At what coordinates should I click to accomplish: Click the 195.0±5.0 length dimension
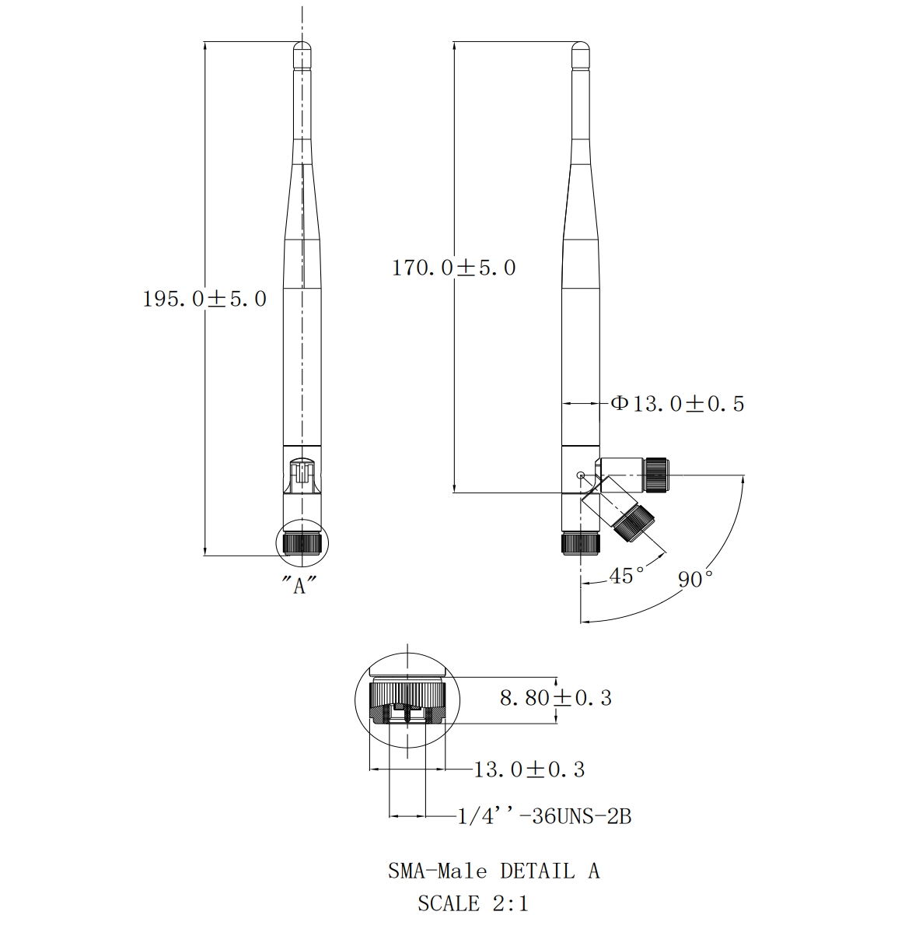(x=204, y=299)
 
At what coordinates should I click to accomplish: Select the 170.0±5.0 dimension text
(x=454, y=268)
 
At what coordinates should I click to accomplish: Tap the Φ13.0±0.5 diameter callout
(x=677, y=404)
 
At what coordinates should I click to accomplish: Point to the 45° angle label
(x=627, y=576)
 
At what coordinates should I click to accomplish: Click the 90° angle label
(x=695, y=579)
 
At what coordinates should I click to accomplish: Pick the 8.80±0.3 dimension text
(x=556, y=698)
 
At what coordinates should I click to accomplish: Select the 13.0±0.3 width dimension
(x=529, y=769)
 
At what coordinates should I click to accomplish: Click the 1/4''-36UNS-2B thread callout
(x=544, y=817)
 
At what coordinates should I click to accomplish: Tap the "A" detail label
(x=299, y=585)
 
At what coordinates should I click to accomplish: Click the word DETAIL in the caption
(x=537, y=871)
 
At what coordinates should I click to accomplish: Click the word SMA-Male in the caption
(x=438, y=871)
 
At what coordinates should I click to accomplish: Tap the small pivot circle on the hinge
(x=582, y=475)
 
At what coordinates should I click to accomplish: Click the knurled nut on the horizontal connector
(x=656, y=475)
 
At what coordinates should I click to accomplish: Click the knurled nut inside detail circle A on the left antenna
(x=302, y=543)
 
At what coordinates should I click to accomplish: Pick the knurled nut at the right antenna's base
(x=581, y=543)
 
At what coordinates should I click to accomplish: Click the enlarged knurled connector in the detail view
(x=407, y=701)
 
